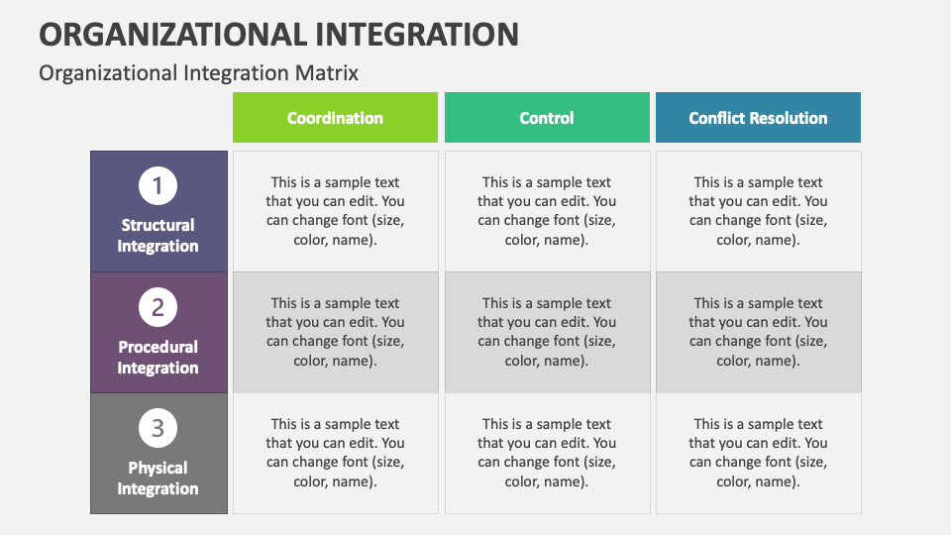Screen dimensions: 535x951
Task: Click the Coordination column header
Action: pos(335,118)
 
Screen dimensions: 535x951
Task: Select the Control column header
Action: pos(547,118)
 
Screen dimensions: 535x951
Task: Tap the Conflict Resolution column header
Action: pos(758,118)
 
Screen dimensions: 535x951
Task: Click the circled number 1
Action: pos(158,186)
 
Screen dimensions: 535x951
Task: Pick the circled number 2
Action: pos(158,308)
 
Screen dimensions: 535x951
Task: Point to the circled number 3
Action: pos(158,429)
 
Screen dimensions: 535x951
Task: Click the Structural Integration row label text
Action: pos(158,236)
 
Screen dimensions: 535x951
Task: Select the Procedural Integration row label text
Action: pos(158,358)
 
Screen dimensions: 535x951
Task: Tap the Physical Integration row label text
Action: pos(158,479)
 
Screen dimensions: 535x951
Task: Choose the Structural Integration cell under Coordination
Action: pos(335,211)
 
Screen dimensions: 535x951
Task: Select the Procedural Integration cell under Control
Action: pos(547,332)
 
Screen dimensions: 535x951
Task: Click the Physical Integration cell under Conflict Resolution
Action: pos(758,453)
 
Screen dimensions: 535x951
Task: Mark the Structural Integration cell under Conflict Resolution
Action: pos(758,211)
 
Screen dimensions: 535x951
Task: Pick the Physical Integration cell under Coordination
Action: pos(335,453)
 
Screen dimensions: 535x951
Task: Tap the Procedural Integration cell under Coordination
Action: pos(335,332)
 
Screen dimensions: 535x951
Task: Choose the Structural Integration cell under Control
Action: pos(547,211)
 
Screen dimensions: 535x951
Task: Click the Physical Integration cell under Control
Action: pos(547,453)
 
